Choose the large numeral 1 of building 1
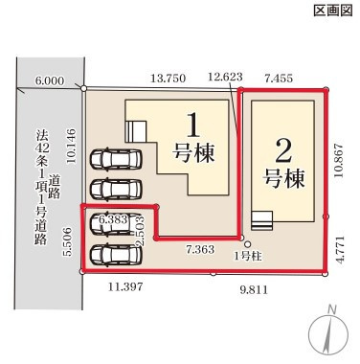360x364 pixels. (x=193, y=125)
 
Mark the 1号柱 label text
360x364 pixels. (x=248, y=256)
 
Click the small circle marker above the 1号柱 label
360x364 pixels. (x=247, y=243)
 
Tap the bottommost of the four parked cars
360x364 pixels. (x=114, y=255)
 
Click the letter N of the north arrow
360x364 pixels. (x=330, y=308)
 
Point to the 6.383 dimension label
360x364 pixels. (x=115, y=220)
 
